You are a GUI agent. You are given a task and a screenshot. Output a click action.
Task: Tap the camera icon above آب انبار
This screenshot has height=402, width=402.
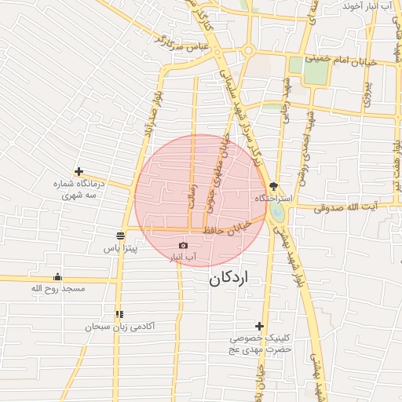click(184, 246)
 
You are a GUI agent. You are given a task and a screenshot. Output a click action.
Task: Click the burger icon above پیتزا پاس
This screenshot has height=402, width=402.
click(120, 236)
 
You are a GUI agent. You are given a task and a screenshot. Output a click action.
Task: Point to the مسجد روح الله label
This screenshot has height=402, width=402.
click(57, 289)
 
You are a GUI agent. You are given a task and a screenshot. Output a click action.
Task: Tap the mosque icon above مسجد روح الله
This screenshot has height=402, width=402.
click(57, 276)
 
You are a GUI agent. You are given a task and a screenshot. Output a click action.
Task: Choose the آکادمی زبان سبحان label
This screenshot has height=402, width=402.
click(120, 325)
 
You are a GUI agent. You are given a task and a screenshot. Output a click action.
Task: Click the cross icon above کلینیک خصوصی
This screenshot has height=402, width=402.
click(259, 326)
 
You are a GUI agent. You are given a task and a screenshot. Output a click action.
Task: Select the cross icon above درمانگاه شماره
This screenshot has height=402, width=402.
click(79, 171)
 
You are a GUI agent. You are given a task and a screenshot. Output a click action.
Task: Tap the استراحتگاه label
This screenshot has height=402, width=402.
click(272, 199)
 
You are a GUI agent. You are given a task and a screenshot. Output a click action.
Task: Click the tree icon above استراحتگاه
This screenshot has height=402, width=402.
click(272, 186)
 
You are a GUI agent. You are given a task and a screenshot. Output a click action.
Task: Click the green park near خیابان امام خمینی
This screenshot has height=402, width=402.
click(315, 71)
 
